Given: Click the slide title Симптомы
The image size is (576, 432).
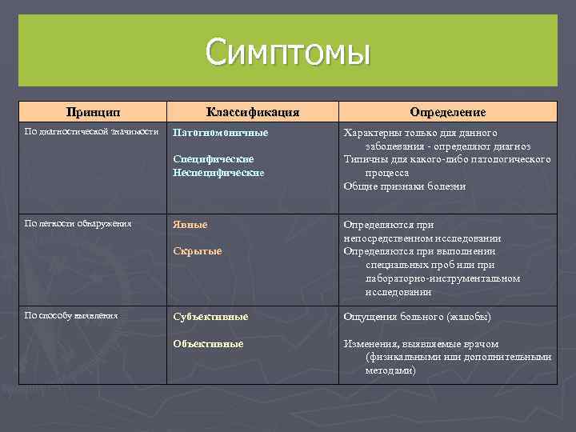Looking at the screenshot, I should pos(288,53).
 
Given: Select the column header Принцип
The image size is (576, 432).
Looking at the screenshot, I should pos(93,112).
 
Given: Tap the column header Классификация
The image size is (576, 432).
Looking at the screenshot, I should pos(252,112).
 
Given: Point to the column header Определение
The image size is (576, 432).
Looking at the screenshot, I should pos(447,112).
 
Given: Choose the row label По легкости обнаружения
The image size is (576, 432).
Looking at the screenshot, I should pos(78,223).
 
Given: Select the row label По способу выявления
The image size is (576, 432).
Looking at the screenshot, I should pos(71,315).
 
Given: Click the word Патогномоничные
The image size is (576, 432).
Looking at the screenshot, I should pos(221,132).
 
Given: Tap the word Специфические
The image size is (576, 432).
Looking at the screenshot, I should pos(214,159).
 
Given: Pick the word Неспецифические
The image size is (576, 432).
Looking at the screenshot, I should pos(218,172).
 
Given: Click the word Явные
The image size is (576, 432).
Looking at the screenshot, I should pos(190,225).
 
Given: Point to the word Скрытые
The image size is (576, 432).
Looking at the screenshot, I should pos(198,251).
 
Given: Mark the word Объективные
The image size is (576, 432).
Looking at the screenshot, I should pos(209,343).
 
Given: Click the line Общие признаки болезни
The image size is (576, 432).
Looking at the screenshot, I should pos(404,186).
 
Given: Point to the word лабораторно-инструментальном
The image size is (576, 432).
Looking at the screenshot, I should pos(442,278).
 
